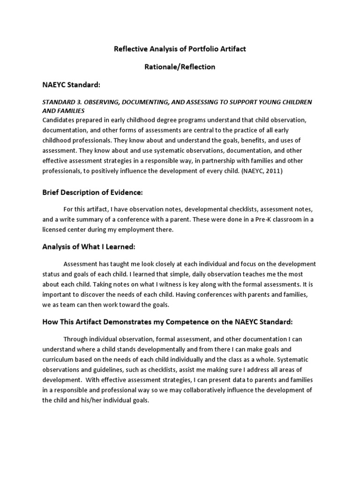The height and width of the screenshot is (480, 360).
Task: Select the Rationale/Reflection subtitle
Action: point(180,67)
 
